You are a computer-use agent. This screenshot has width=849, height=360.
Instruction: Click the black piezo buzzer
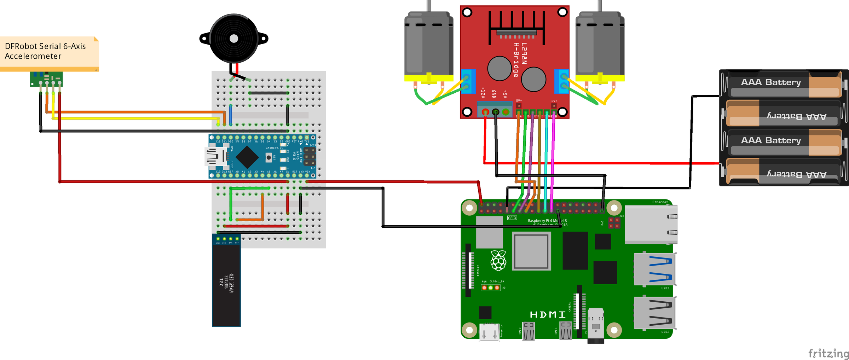233,38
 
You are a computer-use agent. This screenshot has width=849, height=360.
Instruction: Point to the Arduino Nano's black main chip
247,157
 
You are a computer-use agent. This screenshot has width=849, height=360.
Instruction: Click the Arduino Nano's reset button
269,157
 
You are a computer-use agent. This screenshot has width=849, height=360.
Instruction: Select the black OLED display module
226,283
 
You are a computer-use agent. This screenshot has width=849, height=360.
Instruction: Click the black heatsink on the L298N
516,27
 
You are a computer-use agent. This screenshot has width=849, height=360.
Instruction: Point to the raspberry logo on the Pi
498,261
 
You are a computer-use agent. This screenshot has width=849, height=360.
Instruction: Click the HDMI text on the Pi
548,314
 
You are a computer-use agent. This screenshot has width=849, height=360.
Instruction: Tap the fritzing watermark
828,353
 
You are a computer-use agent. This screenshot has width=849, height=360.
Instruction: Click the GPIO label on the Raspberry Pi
512,218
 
